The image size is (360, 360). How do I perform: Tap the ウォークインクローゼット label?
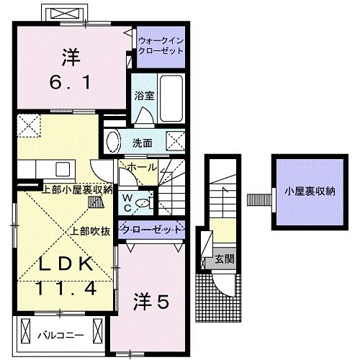click(161, 47)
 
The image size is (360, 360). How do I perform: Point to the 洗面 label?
click(142, 143)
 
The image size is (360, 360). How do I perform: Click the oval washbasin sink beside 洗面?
click(112, 140)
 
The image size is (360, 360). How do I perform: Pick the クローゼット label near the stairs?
click(154, 230)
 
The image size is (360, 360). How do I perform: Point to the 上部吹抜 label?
click(89, 231)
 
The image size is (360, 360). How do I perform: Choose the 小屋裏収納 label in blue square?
click(309, 192)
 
